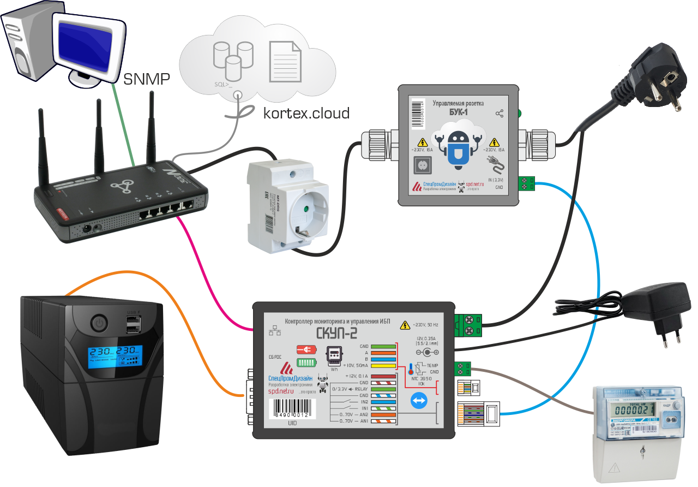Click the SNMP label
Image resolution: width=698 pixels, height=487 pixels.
[x=147, y=79]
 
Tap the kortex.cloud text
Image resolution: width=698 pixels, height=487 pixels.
[x=306, y=113]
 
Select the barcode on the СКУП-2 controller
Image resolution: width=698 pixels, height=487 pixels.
[x=293, y=407]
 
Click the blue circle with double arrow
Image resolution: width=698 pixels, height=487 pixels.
[x=419, y=402]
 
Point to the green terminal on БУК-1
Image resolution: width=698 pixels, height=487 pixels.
[x=526, y=184]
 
